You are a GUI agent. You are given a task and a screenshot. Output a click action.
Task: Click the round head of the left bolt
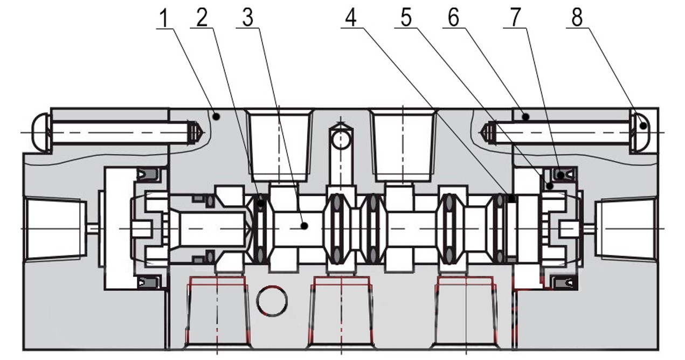41,131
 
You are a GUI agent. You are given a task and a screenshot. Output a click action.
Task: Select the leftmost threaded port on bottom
217,313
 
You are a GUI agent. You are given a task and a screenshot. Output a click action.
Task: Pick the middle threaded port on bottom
342,313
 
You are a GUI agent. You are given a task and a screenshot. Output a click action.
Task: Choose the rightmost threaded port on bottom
465,313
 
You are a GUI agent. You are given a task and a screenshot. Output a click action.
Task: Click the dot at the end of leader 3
304,226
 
